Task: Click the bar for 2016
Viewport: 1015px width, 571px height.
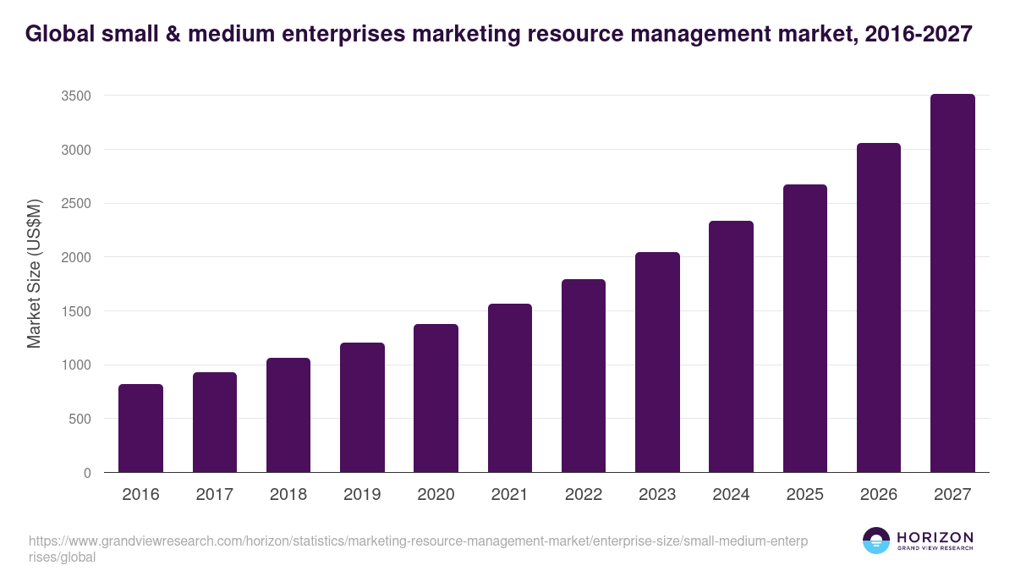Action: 140,428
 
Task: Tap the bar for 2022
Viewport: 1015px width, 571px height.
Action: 584,376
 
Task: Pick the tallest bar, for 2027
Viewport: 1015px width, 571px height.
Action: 952,283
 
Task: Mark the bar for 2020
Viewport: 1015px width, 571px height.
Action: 436,398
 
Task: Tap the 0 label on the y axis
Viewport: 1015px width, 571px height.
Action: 86,473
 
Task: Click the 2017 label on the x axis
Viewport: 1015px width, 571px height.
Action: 214,495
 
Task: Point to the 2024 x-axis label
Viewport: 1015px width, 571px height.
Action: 731,495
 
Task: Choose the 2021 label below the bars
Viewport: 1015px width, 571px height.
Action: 509,495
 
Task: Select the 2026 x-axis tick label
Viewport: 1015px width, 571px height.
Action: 879,495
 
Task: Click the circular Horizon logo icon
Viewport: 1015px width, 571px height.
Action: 876,541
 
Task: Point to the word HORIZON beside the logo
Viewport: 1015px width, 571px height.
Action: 935,536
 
